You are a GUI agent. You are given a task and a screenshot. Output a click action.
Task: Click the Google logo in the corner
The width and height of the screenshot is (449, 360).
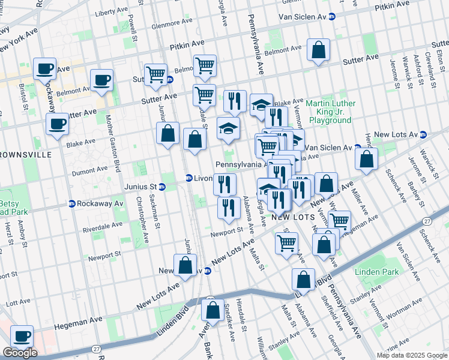pos(19,353)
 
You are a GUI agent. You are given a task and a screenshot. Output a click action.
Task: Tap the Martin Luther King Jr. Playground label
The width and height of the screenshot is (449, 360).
pos(330,112)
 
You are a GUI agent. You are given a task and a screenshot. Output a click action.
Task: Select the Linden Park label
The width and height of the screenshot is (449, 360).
pos(381,272)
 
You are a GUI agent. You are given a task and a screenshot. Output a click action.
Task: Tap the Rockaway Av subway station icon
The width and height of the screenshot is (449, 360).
pos(71,203)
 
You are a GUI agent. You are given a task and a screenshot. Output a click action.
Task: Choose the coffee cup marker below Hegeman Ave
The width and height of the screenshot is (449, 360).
pos(22,338)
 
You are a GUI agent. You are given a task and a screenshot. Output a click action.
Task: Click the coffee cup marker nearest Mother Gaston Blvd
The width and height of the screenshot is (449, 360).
pos(101,80)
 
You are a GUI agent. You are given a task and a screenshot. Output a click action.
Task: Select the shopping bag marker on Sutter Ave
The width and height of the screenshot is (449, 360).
pos(318,50)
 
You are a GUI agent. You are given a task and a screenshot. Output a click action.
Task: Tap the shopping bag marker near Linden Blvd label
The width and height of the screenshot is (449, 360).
pos(304,280)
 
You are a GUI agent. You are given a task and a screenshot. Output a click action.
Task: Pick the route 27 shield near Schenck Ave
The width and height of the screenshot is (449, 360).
pos(426,221)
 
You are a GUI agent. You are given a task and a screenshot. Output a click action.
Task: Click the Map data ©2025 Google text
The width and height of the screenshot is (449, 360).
pos(411,355)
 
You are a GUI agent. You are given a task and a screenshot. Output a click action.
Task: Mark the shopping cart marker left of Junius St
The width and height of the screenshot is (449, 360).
pos(155,75)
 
